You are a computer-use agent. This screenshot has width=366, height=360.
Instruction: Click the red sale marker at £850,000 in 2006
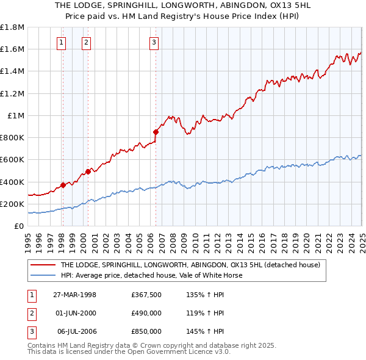click(x=156, y=131)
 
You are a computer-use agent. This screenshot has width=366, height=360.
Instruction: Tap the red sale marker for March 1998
click(x=63, y=185)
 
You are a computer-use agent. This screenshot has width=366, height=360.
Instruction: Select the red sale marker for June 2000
click(x=88, y=171)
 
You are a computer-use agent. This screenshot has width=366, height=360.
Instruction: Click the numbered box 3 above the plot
click(x=153, y=42)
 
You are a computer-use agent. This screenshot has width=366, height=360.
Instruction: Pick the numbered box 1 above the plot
click(x=62, y=42)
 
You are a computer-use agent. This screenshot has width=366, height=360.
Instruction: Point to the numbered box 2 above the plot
click(x=86, y=42)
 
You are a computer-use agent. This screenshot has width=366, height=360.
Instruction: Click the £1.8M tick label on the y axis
click(x=12, y=27)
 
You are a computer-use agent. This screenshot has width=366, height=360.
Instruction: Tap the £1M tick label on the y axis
click(x=16, y=116)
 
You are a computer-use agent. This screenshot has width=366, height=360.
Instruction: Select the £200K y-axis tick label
click(x=12, y=204)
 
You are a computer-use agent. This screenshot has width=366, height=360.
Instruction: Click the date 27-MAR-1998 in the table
click(x=75, y=295)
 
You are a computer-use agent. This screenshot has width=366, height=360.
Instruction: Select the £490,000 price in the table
click(x=146, y=313)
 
